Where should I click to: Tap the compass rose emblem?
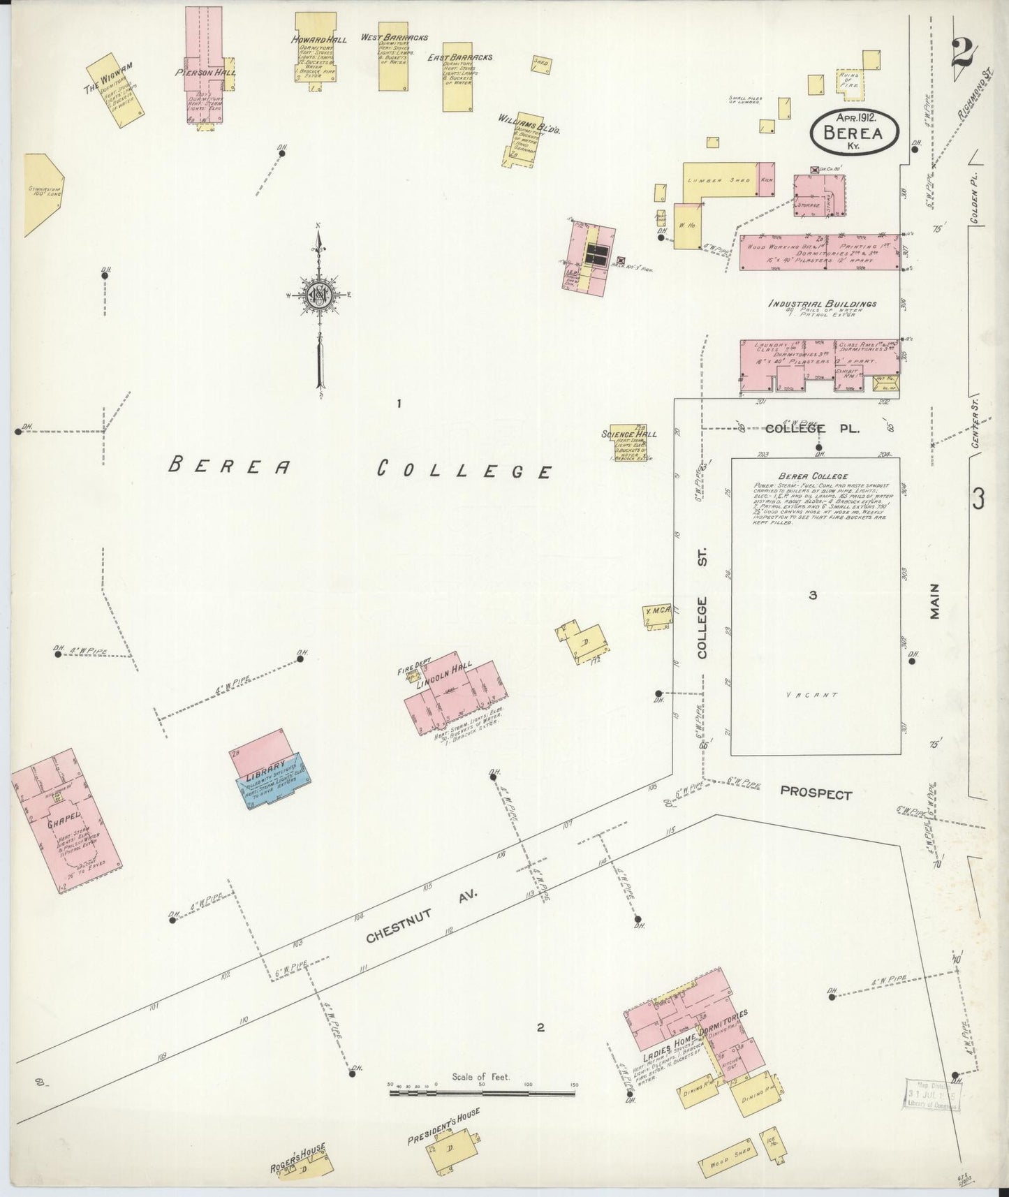(318, 294)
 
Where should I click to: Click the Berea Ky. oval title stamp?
(855, 131)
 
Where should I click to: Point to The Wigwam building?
(117, 91)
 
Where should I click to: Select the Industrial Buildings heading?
(822, 304)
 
